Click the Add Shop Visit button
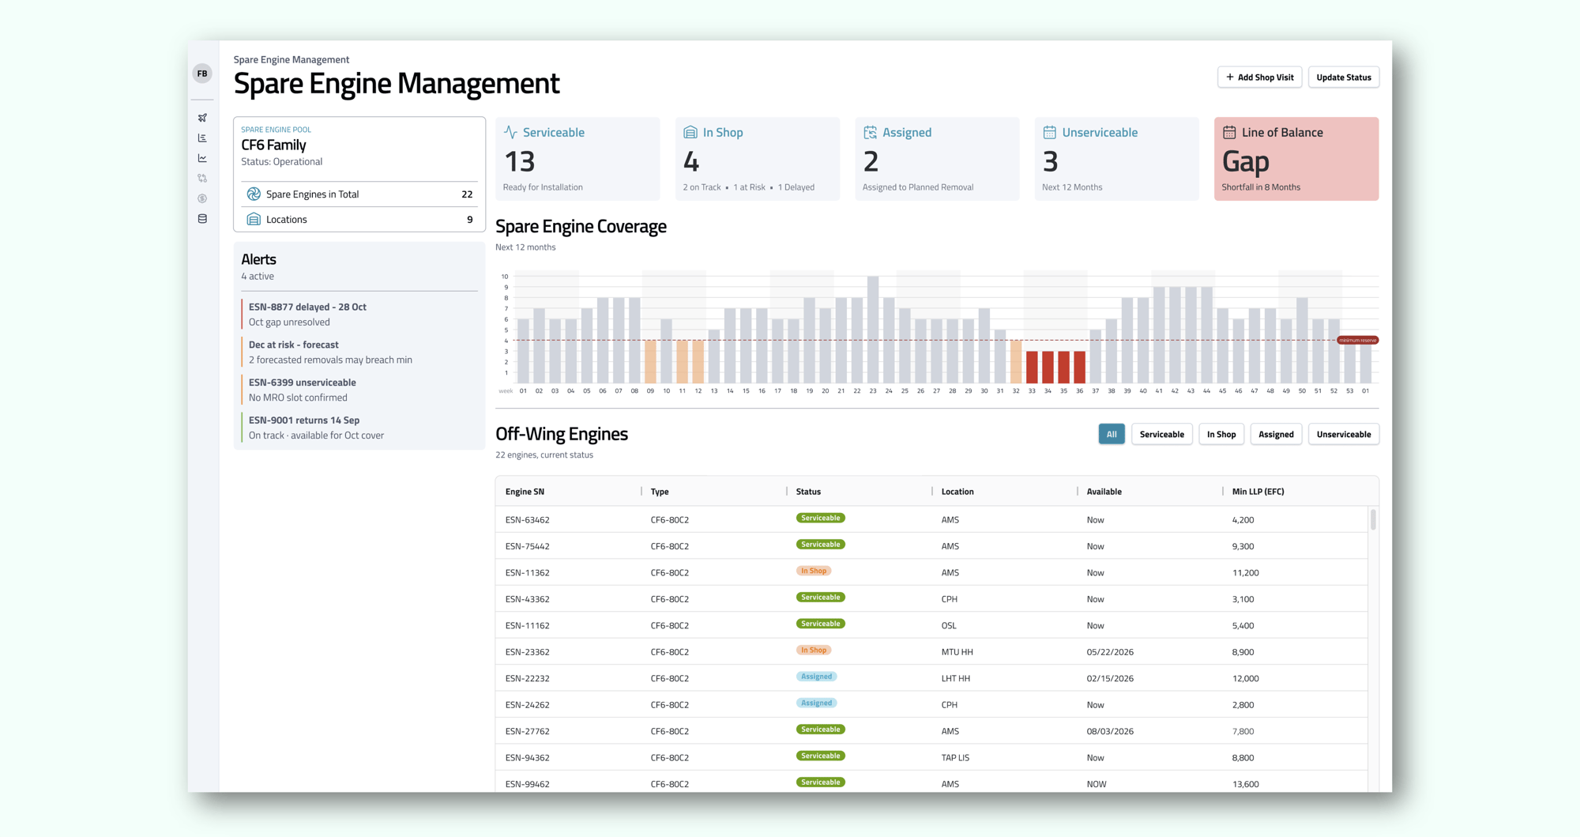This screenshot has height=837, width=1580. (x=1259, y=77)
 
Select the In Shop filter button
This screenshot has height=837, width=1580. (x=1221, y=434)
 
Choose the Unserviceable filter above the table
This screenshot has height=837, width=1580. (x=1343, y=434)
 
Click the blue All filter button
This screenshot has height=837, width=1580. (x=1111, y=434)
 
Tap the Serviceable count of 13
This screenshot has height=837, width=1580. (x=520, y=162)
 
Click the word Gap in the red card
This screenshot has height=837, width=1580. (x=1245, y=162)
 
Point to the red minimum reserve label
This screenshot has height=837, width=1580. (x=1357, y=340)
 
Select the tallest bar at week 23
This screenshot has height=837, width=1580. (x=873, y=330)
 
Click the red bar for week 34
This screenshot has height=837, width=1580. (x=1048, y=367)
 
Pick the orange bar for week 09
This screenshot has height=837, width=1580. (x=650, y=361)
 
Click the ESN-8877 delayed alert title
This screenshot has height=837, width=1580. (x=307, y=307)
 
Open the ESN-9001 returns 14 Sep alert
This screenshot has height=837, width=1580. (x=304, y=420)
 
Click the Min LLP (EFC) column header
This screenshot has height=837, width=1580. (x=1258, y=492)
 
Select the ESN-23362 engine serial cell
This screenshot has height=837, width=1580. (x=527, y=652)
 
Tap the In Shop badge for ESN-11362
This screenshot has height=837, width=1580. (x=813, y=571)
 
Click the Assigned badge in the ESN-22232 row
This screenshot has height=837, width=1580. (x=816, y=677)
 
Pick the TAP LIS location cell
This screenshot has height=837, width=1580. (x=955, y=757)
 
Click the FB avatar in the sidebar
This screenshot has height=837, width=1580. (x=202, y=74)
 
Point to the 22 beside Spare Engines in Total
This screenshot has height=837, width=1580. (x=467, y=194)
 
